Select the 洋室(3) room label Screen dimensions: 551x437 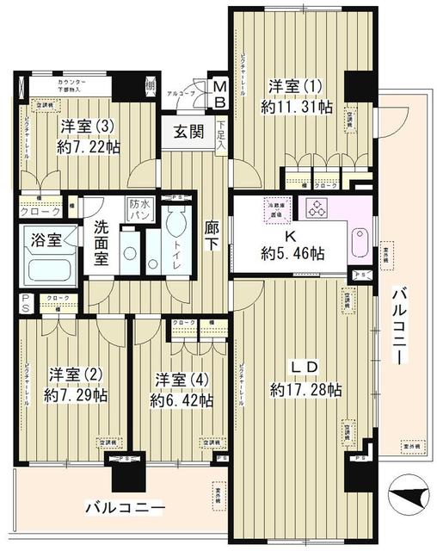pyautogui.click(x=84, y=126)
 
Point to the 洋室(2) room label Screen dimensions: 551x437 pyautogui.click(x=76, y=375)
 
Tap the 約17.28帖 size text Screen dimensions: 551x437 pyautogui.click(x=305, y=389)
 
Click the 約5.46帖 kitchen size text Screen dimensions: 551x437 pyautogui.click(x=293, y=254)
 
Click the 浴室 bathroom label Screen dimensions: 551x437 pyautogui.click(x=42, y=239)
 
